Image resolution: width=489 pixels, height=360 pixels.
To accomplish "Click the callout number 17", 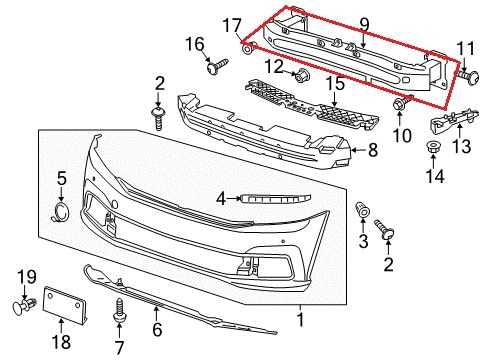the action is (x=232, y=24).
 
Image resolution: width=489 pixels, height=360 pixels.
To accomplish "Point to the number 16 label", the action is (x=193, y=44).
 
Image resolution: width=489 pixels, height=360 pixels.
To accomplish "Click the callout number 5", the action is (x=60, y=179).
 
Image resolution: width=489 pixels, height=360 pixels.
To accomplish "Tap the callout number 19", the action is (x=28, y=276).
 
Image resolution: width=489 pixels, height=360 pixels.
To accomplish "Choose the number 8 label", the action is (x=372, y=151).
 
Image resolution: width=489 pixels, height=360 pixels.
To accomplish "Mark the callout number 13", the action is (x=461, y=149).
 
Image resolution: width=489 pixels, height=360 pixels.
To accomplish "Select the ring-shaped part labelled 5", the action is (x=60, y=211).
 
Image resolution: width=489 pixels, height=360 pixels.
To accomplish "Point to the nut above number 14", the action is (x=434, y=150).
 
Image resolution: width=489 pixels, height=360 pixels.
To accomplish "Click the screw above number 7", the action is (x=122, y=302).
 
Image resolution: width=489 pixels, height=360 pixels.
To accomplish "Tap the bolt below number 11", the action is (x=466, y=72).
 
